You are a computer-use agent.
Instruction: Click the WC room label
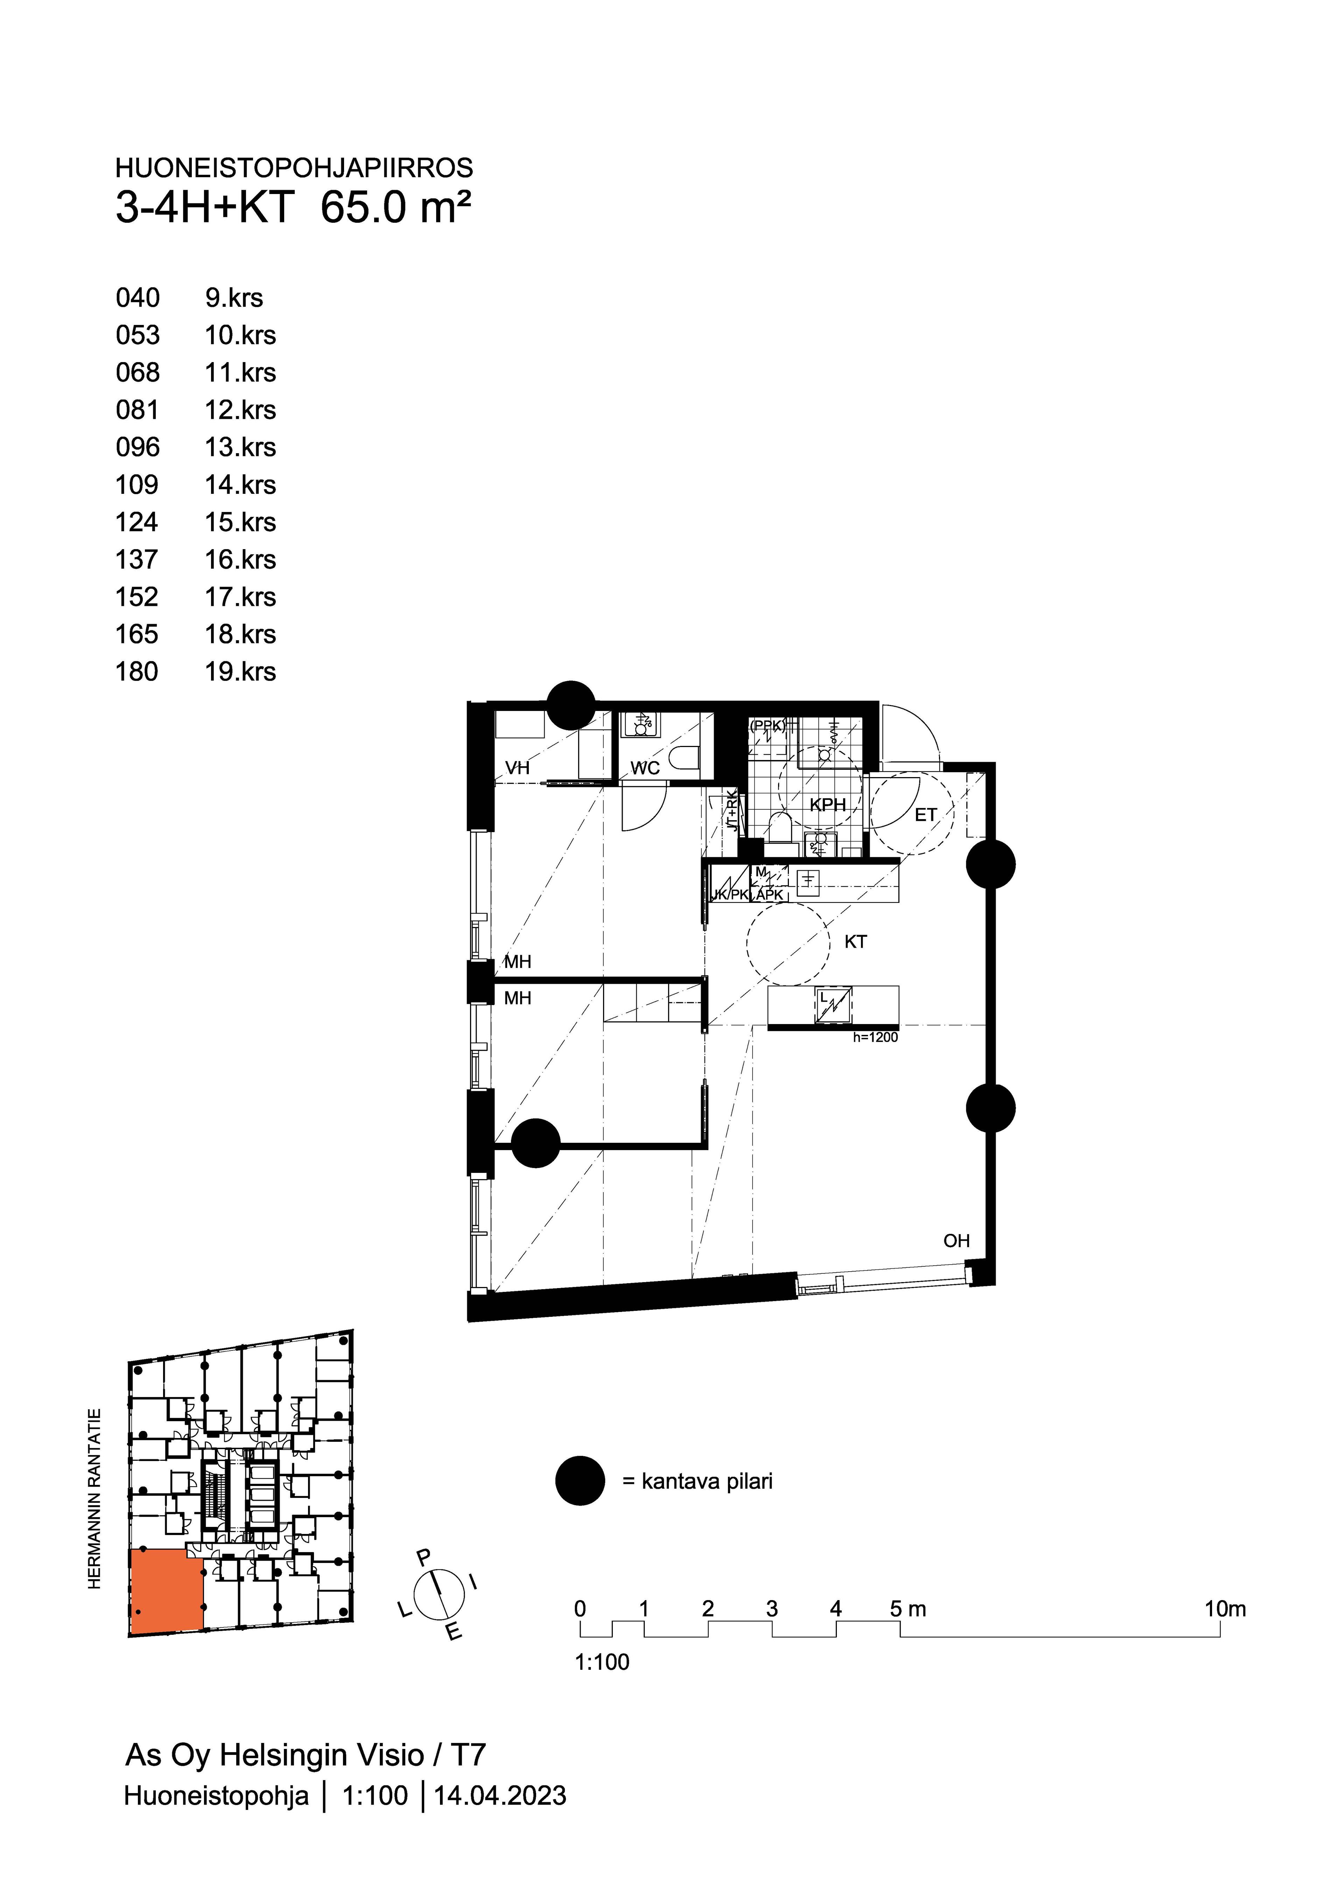tap(645, 768)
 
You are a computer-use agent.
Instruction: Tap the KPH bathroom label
tap(827, 804)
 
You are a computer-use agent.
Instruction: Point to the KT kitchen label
tap(855, 942)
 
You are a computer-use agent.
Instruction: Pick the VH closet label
tap(518, 768)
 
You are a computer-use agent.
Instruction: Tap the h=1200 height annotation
tap(875, 1037)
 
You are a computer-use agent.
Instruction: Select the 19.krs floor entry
tap(240, 671)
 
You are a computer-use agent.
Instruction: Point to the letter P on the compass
tap(424, 1557)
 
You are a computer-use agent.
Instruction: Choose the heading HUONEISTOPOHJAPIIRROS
tap(294, 168)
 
